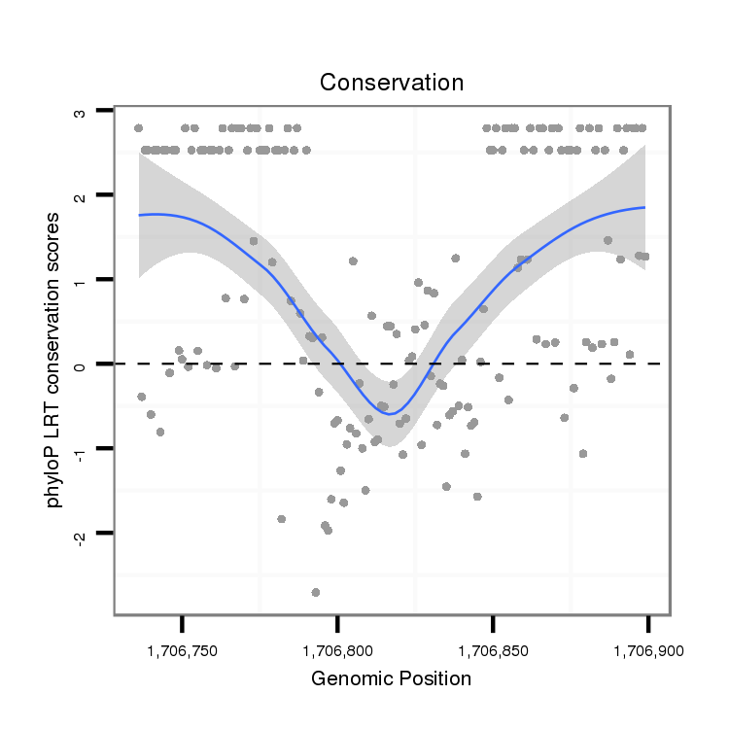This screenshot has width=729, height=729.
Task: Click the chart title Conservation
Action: click(392, 83)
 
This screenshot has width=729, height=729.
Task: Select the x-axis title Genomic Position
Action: click(391, 678)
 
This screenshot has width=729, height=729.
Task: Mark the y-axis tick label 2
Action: click(80, 196)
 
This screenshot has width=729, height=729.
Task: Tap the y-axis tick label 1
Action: click(80, 280)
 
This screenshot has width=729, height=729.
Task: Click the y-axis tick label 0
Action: click(80, 364)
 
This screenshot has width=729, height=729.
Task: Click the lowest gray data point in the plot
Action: click(315, 592)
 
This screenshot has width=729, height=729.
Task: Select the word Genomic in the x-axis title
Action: click(350, 678)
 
